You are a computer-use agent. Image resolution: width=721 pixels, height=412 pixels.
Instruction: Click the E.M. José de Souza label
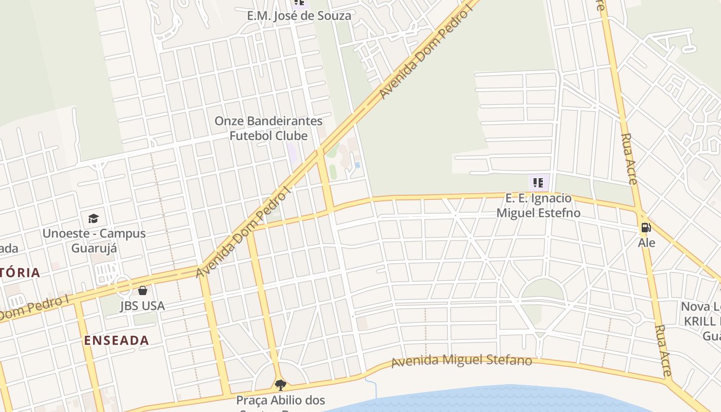click(x=299, y=15)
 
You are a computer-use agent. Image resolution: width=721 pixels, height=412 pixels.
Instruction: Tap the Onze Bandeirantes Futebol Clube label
click(x=268, y=128)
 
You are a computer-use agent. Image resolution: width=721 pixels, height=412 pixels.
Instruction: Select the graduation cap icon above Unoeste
click(x=93, y=218)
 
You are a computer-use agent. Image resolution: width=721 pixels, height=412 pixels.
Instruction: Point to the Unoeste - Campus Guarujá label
click(x=94, y=241)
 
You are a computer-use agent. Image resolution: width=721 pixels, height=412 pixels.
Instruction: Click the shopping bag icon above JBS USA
click(x=143, y=291)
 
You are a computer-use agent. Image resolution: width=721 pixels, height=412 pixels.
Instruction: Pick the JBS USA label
click(x=142, y=306)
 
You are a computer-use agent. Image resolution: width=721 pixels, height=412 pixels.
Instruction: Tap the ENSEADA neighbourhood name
click(x=116, y=340)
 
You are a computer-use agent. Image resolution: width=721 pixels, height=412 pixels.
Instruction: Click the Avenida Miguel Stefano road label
click(x=461, y=360)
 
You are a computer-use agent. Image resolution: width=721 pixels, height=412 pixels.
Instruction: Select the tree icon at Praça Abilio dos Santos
click(x=280, y=385)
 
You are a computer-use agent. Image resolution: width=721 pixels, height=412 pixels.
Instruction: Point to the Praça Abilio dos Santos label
click(x=281, y=400)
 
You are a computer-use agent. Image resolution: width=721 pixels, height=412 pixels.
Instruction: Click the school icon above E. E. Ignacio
click(x=538, y=182)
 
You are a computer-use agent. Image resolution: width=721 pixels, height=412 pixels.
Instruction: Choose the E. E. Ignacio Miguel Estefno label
click(x=538, y=205)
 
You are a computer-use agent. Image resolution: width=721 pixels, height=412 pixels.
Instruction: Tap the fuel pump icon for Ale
click(x=646, y=228)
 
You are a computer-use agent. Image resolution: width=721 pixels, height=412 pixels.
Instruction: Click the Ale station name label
click(x=646, y=243)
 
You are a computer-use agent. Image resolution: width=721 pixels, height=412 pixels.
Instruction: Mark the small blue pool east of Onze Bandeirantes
click(x=357, y=165)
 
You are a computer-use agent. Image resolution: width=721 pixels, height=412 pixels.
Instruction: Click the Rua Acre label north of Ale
click(x=629, y=159)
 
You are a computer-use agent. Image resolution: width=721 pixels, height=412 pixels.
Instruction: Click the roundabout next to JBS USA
click(x=123, y=285)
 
